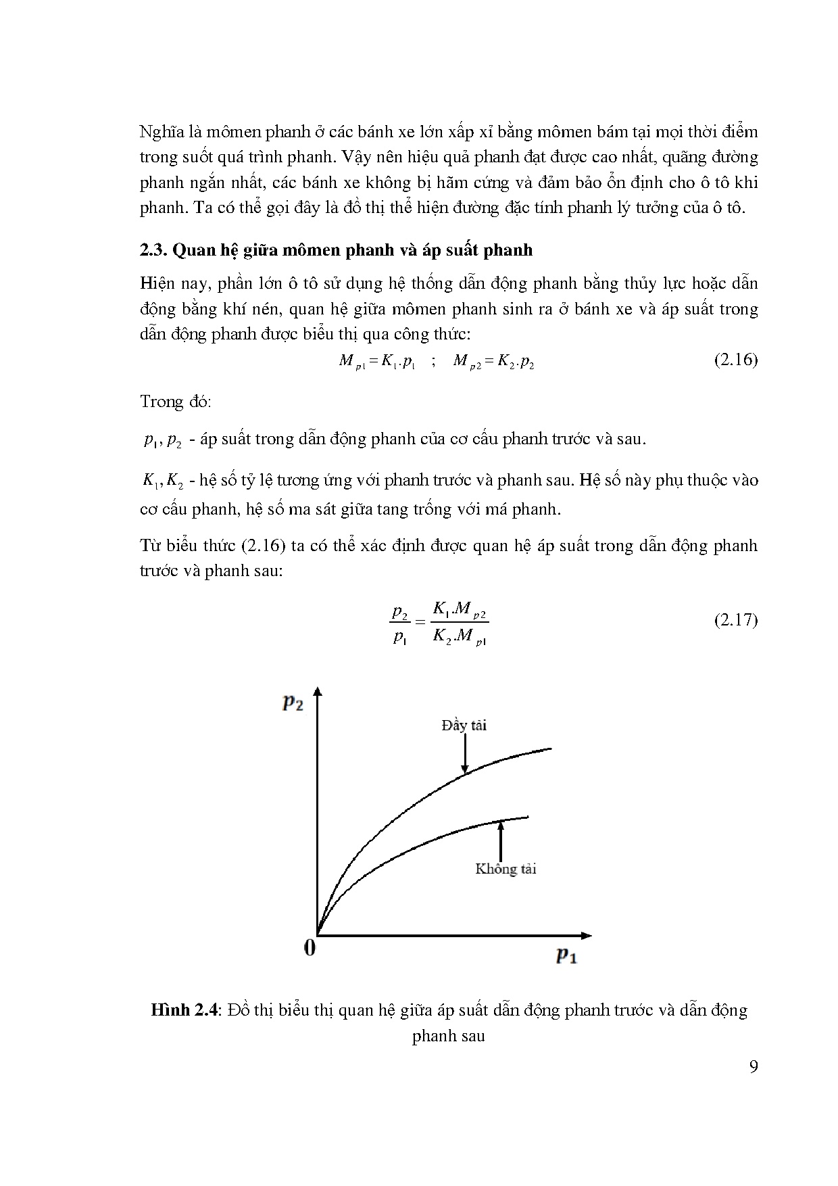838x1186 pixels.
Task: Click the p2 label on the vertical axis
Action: tap(293, 703)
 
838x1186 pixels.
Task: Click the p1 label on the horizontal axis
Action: tap(566, 955)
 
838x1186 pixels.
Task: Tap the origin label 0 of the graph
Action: tap(310, 948)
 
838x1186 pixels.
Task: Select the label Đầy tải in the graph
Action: tap(464, 726)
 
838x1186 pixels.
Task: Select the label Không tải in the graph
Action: tap(506, 869)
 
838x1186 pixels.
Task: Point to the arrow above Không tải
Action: tap(501, 838)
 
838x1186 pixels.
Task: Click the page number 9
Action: tap(754, 1067)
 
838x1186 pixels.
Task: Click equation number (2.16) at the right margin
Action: tap(735, 360)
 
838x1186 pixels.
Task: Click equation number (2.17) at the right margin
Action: tap(735, 619)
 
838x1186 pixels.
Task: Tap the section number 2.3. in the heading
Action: tap(153, 250)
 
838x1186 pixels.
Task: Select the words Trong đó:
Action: tap(176, 402)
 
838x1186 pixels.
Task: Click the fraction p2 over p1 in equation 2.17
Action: tap(400, 624)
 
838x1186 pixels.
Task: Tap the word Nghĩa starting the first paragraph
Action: tap(161, 131)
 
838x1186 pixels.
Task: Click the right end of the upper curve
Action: tap(550, 749)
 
